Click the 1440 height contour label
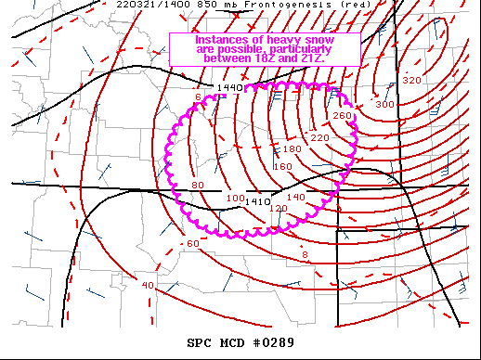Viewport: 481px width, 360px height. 228,88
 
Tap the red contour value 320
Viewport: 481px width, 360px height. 411,80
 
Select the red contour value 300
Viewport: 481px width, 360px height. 384,104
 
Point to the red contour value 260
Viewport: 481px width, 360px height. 342,115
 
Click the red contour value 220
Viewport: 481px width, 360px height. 320,137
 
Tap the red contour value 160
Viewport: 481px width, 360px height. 283,167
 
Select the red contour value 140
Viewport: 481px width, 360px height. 296,197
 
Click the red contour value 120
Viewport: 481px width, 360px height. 278,209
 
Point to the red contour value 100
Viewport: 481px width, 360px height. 235,199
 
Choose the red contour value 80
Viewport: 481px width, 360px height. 197,186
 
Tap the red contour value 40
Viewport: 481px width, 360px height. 148,285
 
